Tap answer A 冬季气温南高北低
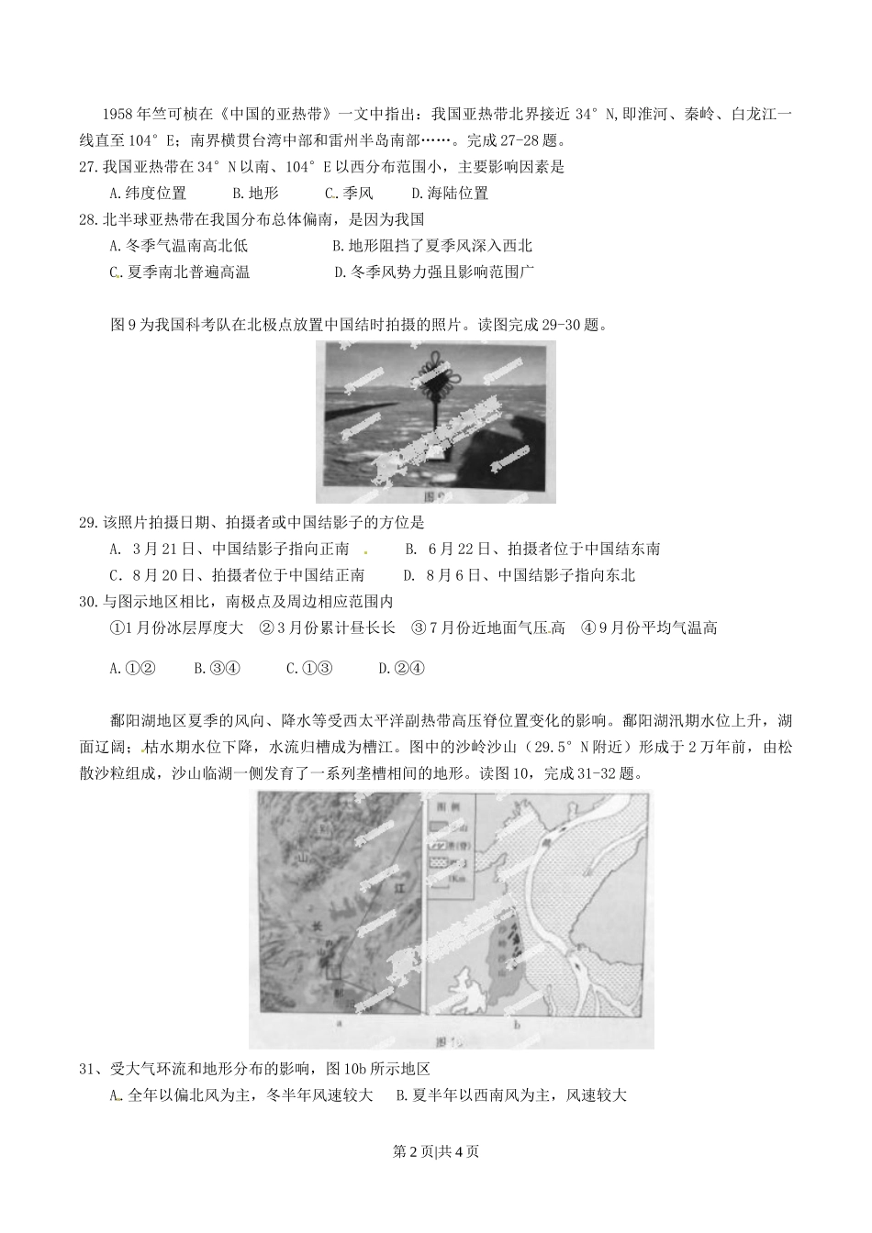tap(178, 246)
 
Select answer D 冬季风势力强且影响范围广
tap(434, 272)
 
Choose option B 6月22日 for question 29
tap(532, 550)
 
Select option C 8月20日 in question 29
tap(236, 575)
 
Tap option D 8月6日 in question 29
tap(519, 575)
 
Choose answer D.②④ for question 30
tap(401, 668)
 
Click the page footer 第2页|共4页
tap(436, 1151)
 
